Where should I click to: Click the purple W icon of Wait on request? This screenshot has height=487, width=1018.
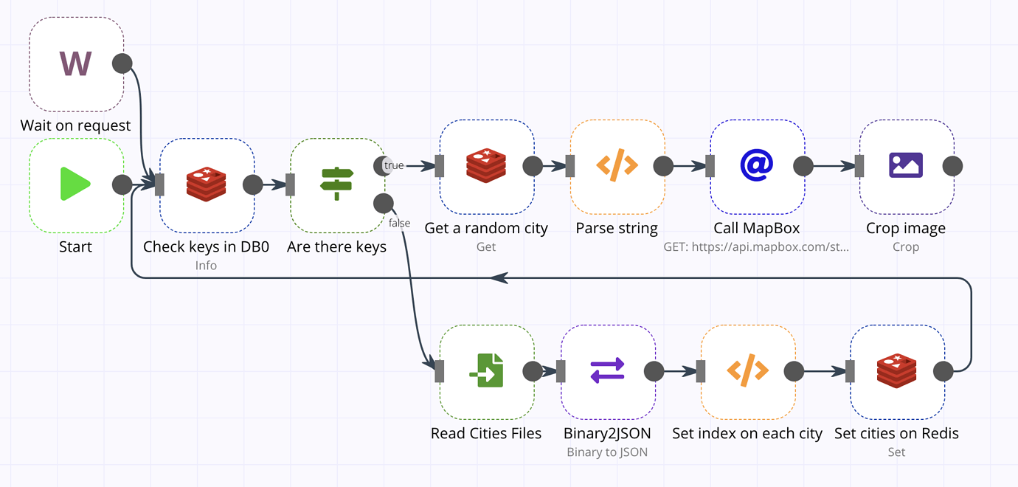[76, 63]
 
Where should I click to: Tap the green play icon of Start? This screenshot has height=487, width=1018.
[76, 184]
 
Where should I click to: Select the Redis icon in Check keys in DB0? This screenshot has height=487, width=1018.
[207, 184]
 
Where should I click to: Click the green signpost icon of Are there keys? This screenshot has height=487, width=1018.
[337, 184]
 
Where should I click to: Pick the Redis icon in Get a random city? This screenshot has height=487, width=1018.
[486, 166]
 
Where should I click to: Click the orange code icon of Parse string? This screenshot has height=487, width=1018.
[617, 166]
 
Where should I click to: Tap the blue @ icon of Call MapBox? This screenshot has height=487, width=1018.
[757, 166]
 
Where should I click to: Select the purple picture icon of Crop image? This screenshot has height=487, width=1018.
[906, 166]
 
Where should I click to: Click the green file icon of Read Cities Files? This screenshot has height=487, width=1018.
[486, 371]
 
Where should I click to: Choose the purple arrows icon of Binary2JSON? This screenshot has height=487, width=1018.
[608, 371]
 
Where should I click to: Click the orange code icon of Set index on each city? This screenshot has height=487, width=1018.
[747, 371]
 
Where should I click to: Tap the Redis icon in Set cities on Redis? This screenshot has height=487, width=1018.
[896, 371]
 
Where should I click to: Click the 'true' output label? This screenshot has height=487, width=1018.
[394, 165]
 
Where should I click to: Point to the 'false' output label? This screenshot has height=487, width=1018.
[399, 223]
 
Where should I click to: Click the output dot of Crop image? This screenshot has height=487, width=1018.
[952, 166]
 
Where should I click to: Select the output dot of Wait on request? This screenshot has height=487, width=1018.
[122, 63]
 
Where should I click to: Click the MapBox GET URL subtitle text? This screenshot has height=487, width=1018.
[757, 247]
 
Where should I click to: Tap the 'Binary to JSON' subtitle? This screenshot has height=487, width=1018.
[607, 452]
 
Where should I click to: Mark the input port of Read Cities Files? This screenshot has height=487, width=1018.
[440, 371]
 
